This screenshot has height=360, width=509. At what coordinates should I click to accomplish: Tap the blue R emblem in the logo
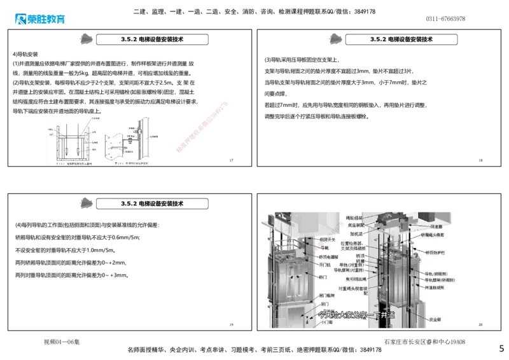tap(20, 20)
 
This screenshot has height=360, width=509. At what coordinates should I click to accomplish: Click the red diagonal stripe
tap(201, 126)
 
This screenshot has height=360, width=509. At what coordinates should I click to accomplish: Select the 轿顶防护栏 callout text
tap(436, 253)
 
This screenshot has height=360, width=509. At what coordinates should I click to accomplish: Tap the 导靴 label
tap(324, 247)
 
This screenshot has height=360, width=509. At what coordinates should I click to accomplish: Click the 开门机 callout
tap(325, 265)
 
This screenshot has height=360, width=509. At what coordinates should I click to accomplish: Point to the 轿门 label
tap(323, 277)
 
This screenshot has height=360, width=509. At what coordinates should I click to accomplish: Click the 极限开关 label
tap(327, 240)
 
